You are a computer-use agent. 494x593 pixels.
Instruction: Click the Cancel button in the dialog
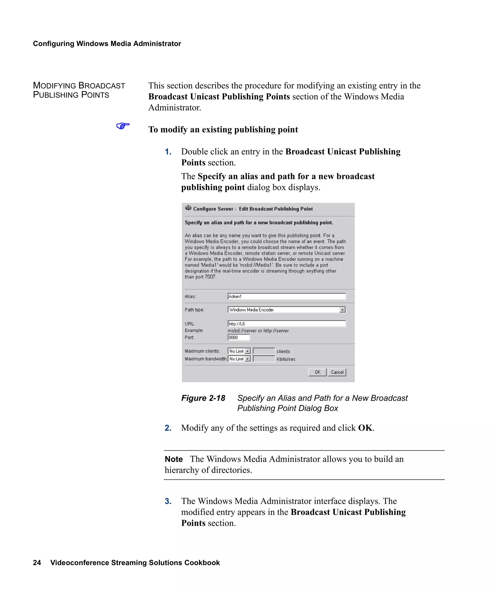[337, 372]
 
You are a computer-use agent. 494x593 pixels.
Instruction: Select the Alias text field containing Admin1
[287, 296]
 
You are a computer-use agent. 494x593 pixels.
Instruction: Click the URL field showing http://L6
[287, 324]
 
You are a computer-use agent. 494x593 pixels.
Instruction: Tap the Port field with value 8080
[239, 338]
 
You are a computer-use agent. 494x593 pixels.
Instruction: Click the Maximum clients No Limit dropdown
[239, 351]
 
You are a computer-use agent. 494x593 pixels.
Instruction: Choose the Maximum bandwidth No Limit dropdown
[239, 359]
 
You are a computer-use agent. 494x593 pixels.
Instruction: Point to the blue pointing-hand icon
[123, 126]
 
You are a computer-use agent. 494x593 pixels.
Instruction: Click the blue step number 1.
[168, 152]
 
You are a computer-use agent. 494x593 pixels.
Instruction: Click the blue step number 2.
[168, 428]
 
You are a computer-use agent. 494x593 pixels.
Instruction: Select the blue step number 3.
[168, 501]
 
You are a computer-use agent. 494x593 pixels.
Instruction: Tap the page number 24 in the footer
[37, 563]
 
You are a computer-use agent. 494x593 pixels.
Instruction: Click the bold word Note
[174, 459]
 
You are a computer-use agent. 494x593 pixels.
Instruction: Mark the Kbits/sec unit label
[286, 359]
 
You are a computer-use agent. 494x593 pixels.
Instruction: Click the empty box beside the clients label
[264, 351]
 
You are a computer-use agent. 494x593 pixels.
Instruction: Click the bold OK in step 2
[365, 428]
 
